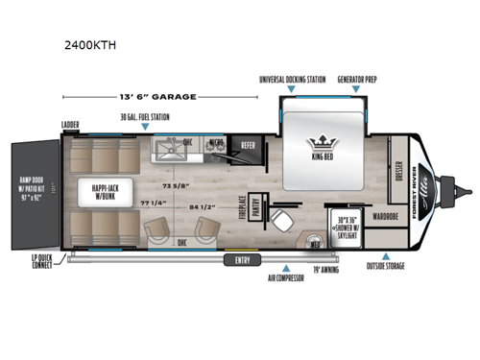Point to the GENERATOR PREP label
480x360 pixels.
355,79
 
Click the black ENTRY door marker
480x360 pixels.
237,259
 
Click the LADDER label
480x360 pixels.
69,124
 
